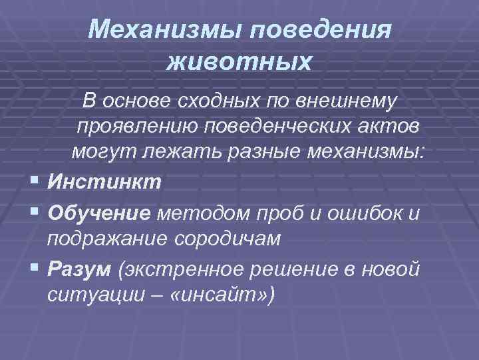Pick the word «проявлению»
click(152, 126)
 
